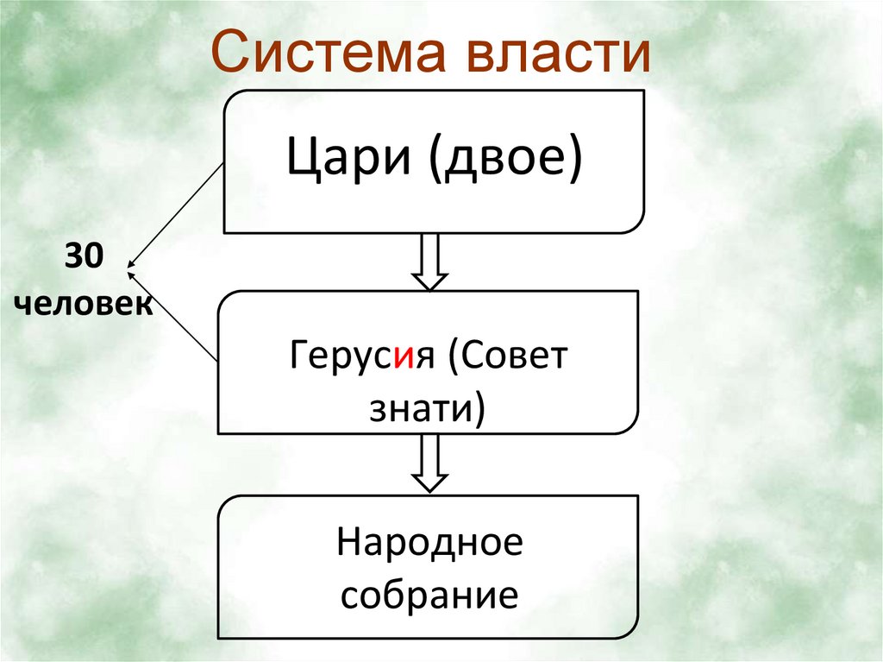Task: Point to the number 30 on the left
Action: click(82, 255)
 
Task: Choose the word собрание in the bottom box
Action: click(429, 595)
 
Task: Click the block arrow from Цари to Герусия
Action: click(429, 262)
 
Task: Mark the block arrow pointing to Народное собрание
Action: click(429, 463)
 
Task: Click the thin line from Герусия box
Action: click(173, 315)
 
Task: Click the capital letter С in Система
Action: click(229, 53)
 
